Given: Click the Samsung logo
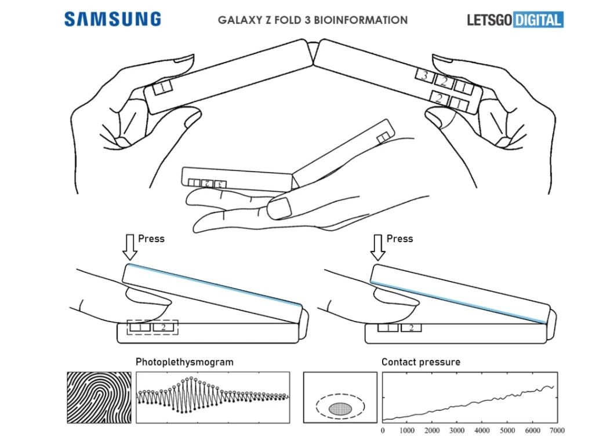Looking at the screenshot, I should tap(112, 19).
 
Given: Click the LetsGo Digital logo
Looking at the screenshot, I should tap(515, 20).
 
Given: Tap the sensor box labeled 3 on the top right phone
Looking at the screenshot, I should tap(424, 75).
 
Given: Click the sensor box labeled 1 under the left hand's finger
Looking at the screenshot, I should tap(163, 88).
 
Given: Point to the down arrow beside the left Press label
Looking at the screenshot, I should tap(130, 246).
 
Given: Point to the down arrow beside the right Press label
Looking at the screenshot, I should tap(378, 246).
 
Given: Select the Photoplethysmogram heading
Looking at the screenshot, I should tap(184, 362).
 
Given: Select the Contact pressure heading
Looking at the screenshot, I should tap(420, 362).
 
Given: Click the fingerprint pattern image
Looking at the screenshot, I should tap(99, 397).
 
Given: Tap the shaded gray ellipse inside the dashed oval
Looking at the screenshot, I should tap(341, 408).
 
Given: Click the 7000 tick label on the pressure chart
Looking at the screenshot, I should tap(557, 431).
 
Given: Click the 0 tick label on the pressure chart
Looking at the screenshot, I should tap(383, 431).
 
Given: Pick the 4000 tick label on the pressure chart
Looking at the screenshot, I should tap(482, 431).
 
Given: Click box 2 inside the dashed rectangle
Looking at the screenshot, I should tap(164, 327).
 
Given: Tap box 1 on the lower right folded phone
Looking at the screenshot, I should tap(388, 328).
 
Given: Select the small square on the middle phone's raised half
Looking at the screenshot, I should tap(383, 137).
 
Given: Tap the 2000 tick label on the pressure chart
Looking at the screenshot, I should tap(433, 431).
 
